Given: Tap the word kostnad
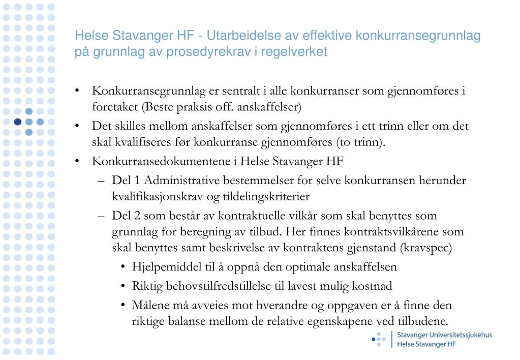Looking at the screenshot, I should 374,286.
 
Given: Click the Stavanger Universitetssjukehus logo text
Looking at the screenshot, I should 444,335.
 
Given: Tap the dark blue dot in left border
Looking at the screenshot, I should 18,122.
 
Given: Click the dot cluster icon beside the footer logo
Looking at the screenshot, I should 379,339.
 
